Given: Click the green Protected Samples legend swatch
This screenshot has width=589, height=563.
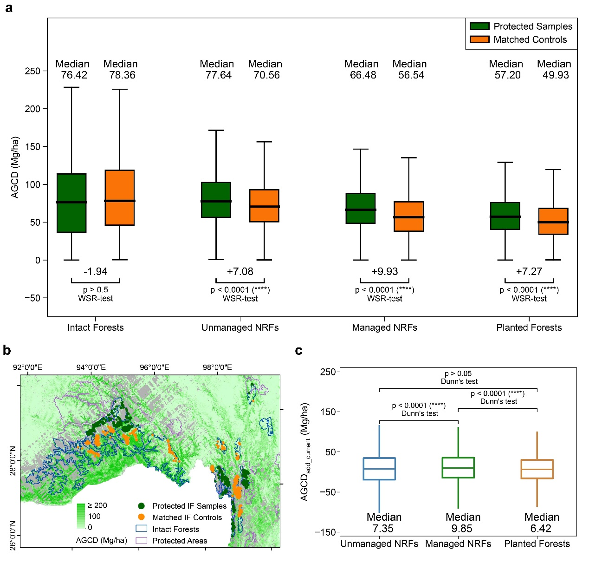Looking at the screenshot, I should coord(479,26).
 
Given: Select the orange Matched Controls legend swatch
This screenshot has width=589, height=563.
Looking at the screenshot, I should coord(479,39).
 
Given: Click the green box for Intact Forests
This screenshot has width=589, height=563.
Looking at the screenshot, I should coord(71,203).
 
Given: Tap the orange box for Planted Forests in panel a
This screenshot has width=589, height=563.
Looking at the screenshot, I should coord(553,221).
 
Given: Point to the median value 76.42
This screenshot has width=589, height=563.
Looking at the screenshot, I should coord(74,75).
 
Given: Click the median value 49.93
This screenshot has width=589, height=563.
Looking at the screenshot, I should coord(556,75).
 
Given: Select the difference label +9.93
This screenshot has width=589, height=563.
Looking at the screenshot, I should coord(385,272).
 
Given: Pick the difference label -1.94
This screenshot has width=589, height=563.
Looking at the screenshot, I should coord(96,272).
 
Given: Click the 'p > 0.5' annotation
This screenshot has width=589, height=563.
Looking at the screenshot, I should coord(96,290).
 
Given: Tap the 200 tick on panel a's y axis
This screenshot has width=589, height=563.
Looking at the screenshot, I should coord(32,109).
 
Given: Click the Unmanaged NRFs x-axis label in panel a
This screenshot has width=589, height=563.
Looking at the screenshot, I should coord(240,327).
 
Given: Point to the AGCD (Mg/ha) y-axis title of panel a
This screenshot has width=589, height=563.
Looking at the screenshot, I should coord(15,168).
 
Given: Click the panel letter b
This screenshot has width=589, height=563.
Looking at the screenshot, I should coord(7,350).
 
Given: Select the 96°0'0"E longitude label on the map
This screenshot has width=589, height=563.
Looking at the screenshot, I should coord(154,367).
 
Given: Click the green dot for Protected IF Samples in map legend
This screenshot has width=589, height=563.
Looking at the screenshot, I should coord(142,506).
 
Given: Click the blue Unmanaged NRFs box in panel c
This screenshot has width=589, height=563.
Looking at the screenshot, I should coord(379,469).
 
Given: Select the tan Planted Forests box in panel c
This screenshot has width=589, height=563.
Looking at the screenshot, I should coord(537,469).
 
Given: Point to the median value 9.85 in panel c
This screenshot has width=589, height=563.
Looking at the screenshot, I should coord(463,529).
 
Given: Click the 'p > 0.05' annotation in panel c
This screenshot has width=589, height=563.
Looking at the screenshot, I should coord(458,373).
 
